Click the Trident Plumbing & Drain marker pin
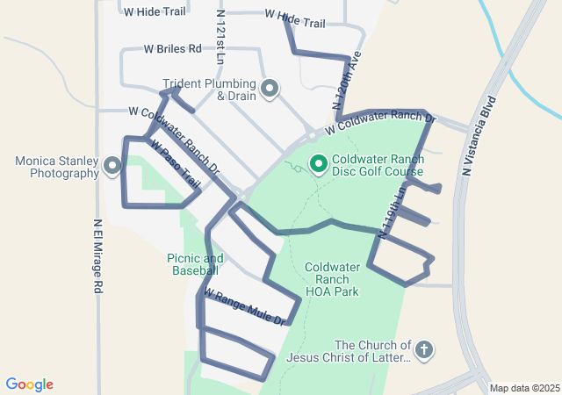tap(270, 89)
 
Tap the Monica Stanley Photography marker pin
tap(112, 166)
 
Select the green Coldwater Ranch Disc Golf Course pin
tap(318, 164)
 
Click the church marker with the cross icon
tap(423, 351)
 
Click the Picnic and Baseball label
tap(195, 264)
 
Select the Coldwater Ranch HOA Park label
tap(332, 279)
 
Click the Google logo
tap(30, 384)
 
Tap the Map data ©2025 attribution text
tap(523, 388)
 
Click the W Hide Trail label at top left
tap(155, 12)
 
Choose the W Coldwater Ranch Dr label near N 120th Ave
tap(379, 123)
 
